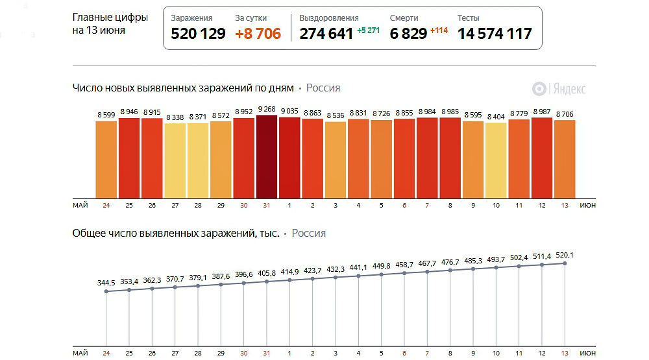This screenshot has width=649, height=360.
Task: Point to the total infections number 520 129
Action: (198, 34)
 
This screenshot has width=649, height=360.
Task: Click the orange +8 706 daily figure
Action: (258, 34)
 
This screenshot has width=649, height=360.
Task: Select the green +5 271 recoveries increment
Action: (368, 30)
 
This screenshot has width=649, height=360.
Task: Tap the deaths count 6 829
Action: (408, 34)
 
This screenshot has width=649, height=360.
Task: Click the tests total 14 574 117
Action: (495, 34)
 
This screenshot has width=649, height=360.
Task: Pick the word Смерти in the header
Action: (404, 18)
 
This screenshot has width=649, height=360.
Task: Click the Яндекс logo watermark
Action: (559, 89)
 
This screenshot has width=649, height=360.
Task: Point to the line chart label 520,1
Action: (565, 255)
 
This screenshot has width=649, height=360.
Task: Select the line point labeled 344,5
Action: (106, 292)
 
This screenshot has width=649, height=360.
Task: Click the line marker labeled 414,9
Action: (289, 281)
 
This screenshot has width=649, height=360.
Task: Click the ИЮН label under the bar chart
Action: (587, 206)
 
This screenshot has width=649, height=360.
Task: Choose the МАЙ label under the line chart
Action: (80, 353)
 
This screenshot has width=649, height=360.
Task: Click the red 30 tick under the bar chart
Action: (244, 206)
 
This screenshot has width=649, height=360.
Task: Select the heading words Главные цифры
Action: (110, 18)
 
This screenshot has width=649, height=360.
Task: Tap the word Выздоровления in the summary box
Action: (329, 18)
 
